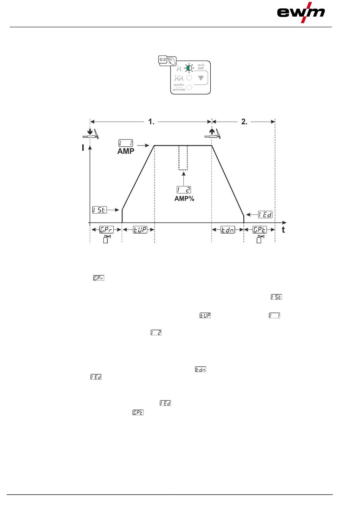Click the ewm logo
tap(301, 13)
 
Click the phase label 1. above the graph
tap(151, 122)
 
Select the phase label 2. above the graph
tap(244, 122)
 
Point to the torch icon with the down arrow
tap(92, 134)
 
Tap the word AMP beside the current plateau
tap(125, 151)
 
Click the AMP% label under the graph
tap(184, 199)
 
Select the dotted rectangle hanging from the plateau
tap(183, 158)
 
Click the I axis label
tap(83, 148)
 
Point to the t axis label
tap(283, 230)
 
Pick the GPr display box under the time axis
tap(106, 230)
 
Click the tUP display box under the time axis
tap(140, 230)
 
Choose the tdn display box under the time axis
tap(228, 230)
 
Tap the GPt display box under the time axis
tap(260, 230)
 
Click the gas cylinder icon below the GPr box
tap(106, 239)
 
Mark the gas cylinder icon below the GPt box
tap(260, 239)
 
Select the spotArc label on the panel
tap(179, 85)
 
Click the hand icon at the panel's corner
tap(172, 61)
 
